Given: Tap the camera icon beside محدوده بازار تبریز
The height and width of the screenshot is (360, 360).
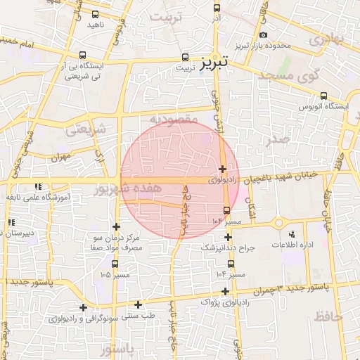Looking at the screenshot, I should point(263,34).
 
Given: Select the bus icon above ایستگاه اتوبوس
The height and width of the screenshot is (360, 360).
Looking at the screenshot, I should point(323,96).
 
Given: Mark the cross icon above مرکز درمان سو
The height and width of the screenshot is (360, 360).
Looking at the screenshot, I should point(116,226).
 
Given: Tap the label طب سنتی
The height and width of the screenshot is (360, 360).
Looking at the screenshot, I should point(139,316).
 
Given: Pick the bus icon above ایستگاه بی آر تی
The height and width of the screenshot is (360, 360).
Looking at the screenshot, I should point(84,55).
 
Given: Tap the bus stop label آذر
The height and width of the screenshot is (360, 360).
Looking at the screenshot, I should point(216,19).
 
